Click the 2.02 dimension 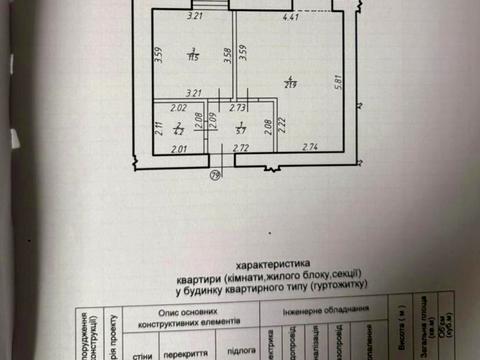180,107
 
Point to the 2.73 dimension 238,107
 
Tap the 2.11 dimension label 158,126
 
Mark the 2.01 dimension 180,149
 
